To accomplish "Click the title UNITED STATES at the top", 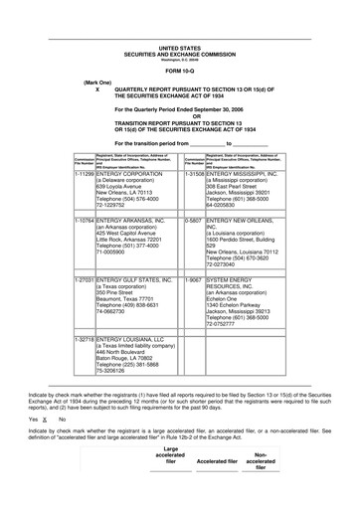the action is click(x=179, y=47).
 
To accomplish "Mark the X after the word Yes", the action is click(x=44, y=420).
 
